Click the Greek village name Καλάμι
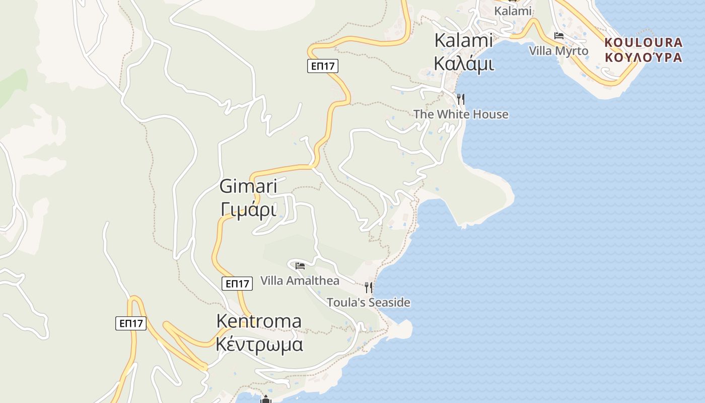pos(463,64)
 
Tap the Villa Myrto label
pos(558,51)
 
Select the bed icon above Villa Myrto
pos(558,36)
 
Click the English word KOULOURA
pos(644,42)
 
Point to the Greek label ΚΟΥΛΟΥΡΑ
pos(644,57)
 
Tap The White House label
pos(461,114)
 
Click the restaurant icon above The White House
pos(460,98)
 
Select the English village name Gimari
pos(248,186)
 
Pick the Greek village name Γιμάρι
pos(249,209)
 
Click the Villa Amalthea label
pos(300,281)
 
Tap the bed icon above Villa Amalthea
pos(300,265)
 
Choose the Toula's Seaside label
pos(368,303)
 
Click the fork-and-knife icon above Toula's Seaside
pos(369,287)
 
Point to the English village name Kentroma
pos(259,321)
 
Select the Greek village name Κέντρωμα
pos(259,345)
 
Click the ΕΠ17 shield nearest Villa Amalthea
pos(237,284)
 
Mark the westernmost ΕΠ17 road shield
pos(131,323)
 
